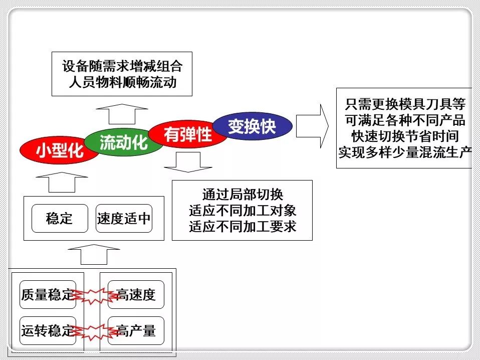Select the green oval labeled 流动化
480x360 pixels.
pyautogui.click(x=123, y=142)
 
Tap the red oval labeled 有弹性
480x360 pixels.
pyautogui.click(x=188, y=134)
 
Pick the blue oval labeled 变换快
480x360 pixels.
pyautogui.click(x=252, y=126)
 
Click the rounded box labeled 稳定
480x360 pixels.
pyautogui.click(x=60, y=219)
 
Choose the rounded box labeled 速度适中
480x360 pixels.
pyautogui.click(x=123, y=219)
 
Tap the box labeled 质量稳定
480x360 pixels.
pyautogui.click(x=47, y=295)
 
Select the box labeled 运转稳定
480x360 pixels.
pyautogui.click(x=47, y=331)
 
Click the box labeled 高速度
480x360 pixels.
pyautogui.click(x=136, y=295)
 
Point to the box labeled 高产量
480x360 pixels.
pyautogui.click(x=136, y=331)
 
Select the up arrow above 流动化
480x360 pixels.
pyautogui.click(x=122, y=114)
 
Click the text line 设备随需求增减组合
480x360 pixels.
pyautogui.click(x=122, y=66)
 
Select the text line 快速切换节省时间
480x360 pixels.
pyautogui.click(x=405, y=136)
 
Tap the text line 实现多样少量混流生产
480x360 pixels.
pyautogui.click(x=405, y=152)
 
